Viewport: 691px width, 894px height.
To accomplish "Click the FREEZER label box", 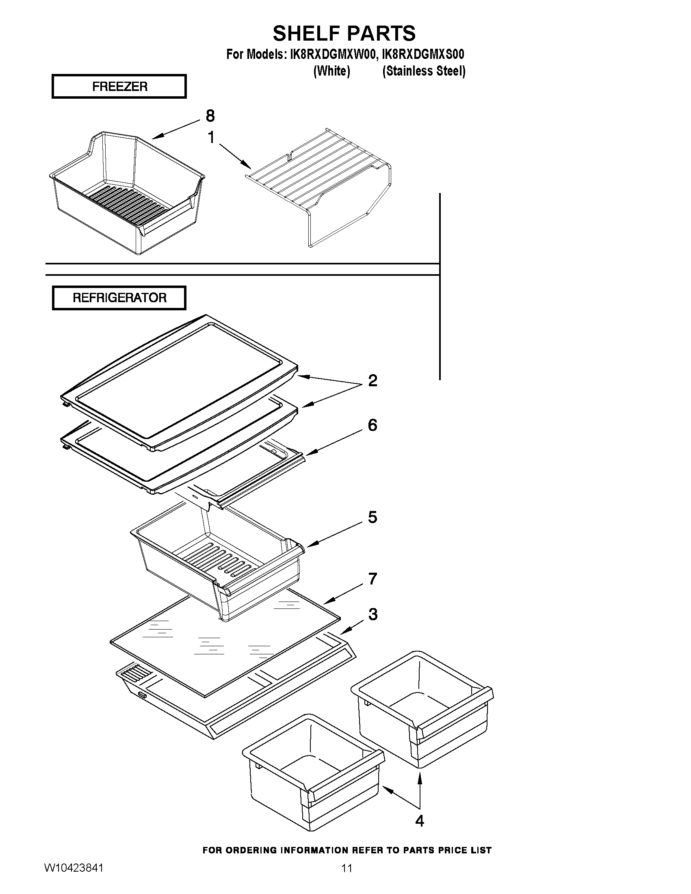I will point(119,87).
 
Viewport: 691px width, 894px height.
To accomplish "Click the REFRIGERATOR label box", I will point(119,298).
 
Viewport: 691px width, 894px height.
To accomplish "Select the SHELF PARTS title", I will point(344,33).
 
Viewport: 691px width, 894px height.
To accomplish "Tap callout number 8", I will point(210,116).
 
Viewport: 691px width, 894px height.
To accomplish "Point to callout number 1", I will point(211,138).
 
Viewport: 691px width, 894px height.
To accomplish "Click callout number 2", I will point(373,381).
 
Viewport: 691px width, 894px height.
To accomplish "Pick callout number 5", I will point(373,517).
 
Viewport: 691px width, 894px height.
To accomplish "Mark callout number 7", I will point(373,579).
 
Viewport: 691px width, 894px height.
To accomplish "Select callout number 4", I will point(420,821).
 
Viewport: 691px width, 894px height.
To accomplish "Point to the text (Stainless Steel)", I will point(424,71).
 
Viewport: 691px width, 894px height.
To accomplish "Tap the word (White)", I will point(331,71).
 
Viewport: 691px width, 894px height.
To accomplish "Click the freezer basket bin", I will point(127,197).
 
